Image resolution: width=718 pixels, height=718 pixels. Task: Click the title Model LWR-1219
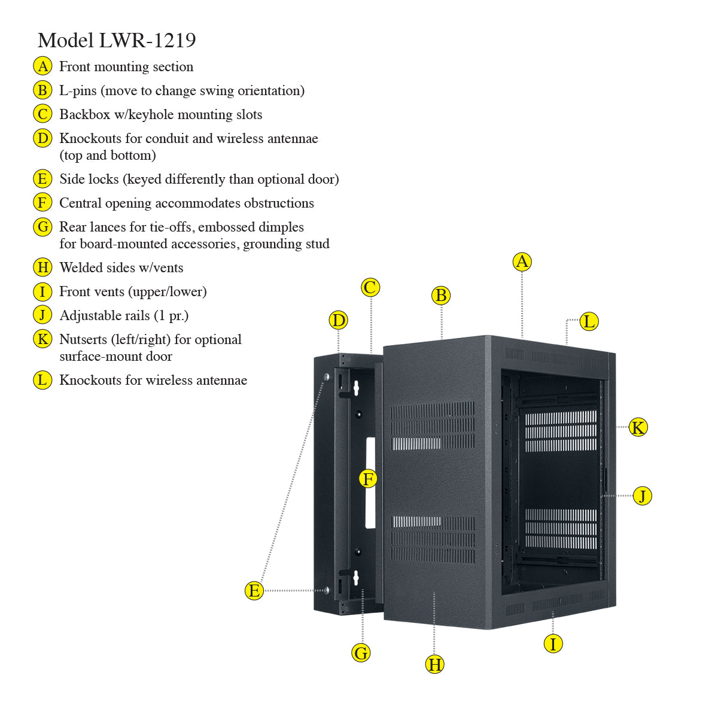117,40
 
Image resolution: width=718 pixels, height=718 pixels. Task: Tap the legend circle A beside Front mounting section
42,66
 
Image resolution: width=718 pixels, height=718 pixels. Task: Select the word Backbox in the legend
84,114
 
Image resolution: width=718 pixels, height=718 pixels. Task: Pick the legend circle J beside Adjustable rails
42,315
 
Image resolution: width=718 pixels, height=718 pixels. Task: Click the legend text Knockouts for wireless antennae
153,380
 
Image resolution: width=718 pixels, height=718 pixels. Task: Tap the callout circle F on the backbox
368,479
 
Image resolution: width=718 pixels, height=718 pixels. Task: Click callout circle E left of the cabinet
254,591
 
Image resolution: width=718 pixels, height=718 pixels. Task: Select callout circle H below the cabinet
435,664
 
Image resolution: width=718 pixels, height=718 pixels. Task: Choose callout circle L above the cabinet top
589,321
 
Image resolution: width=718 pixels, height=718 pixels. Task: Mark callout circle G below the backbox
361,653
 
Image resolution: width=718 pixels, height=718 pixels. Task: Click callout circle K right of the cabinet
638,427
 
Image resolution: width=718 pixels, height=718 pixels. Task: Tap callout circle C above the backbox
370,287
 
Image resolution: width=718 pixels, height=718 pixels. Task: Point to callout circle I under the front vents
553,644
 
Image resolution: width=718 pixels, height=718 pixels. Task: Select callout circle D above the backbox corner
339,320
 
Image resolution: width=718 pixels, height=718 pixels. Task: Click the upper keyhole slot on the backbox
355,389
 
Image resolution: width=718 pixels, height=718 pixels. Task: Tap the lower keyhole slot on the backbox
355,578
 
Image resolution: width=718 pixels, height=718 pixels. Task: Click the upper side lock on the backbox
326,377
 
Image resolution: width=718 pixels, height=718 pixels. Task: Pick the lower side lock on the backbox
326,590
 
